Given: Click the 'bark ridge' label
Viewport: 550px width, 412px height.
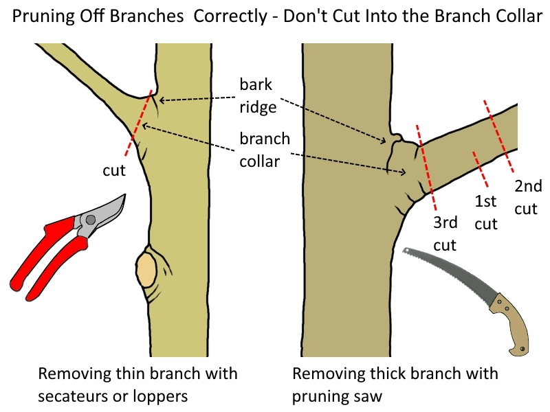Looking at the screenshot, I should (256, 96).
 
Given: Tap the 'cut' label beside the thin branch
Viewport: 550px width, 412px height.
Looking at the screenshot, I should (114, 170).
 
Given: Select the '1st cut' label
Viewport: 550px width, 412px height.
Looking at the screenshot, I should (486, 213).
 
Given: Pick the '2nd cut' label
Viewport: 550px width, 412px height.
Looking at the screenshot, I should (528, 196).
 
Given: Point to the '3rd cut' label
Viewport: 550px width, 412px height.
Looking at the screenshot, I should (445, 233).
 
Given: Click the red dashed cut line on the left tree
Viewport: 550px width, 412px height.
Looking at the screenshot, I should (137, 124).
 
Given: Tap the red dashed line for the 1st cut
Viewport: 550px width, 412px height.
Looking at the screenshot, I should (476, 162).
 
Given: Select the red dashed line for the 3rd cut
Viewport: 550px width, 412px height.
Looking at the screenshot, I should (426, 169).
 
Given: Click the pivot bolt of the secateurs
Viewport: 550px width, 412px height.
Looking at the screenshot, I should (90, 220).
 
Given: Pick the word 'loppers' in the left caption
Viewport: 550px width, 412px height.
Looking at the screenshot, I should (164, 396).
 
